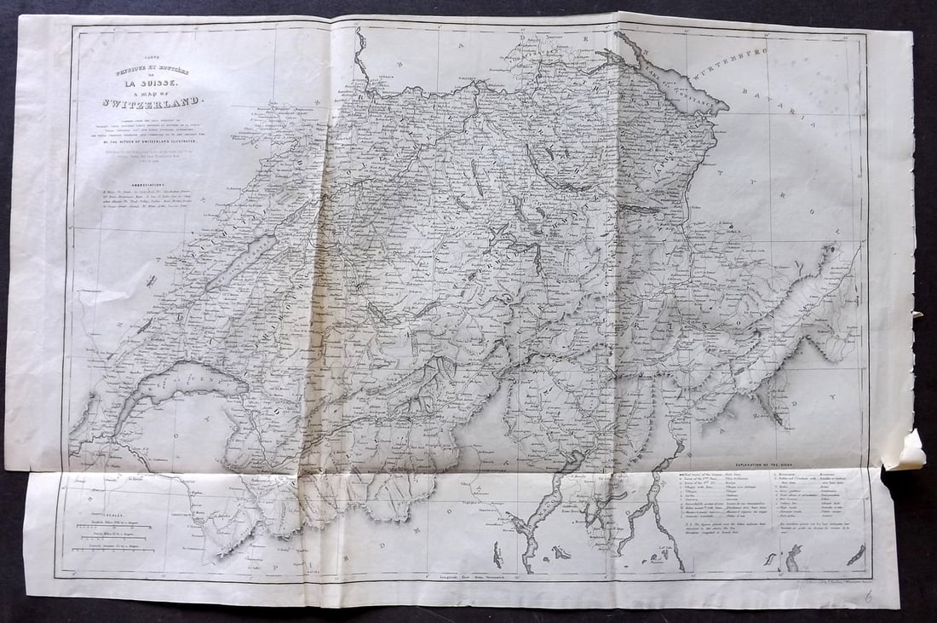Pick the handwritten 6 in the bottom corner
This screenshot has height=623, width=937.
pyautogui.click(x=868, y=597)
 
